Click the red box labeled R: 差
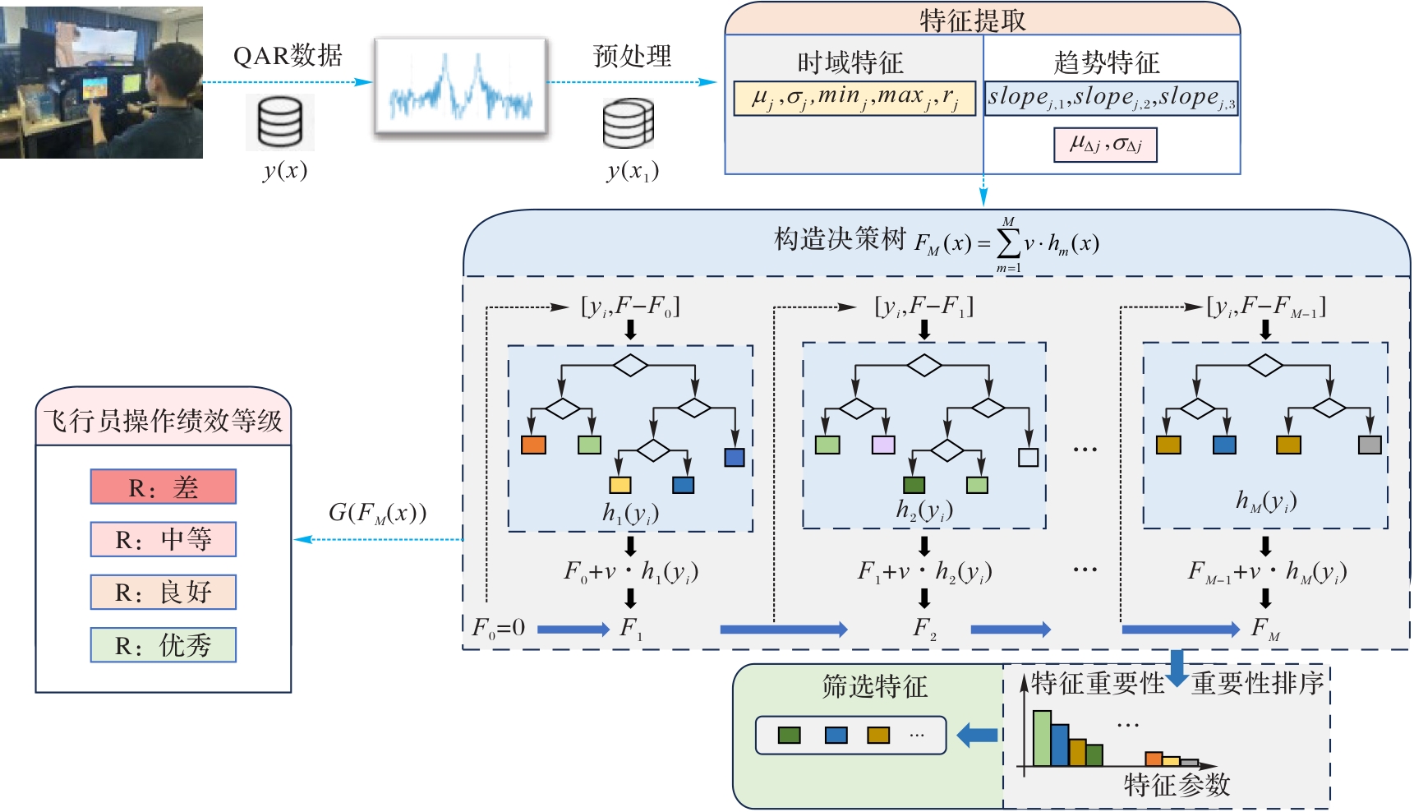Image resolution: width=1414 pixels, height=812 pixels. tap(163, 487)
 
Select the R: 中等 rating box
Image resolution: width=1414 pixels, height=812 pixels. tap(163, 539)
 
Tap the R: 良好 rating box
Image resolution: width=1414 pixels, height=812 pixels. tap(163, 592)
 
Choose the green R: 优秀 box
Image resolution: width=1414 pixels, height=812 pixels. tap(163, 644)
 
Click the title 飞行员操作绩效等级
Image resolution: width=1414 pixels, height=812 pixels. tap(163, 422)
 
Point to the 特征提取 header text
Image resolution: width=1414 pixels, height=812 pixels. tap(973, 20)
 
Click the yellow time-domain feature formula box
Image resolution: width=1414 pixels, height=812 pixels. tap(854, 98)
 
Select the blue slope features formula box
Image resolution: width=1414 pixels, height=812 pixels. tap(1111, 98)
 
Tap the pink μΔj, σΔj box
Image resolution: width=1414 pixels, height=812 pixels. tap(1105, 145)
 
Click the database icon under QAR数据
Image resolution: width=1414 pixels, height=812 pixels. tap(280, 122)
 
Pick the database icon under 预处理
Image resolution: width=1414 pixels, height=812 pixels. tap(629, 124)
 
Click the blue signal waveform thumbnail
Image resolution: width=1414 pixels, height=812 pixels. tap(461, 86)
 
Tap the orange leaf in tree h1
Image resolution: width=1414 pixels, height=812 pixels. tap(534, 445)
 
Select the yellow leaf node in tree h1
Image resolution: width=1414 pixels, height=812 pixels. tap(620, 485)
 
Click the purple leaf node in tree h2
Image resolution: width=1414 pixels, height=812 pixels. tap(883, 445)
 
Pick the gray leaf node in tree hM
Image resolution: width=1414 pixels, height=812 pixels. tap(1370, 445)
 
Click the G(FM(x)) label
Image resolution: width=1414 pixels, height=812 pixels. tap(378, 513)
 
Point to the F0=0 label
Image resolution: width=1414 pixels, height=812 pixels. tap(499, 628)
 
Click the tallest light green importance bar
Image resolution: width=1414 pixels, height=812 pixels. tap(1042, 738)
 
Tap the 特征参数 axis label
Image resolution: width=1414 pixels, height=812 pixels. tap(1177, 785)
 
